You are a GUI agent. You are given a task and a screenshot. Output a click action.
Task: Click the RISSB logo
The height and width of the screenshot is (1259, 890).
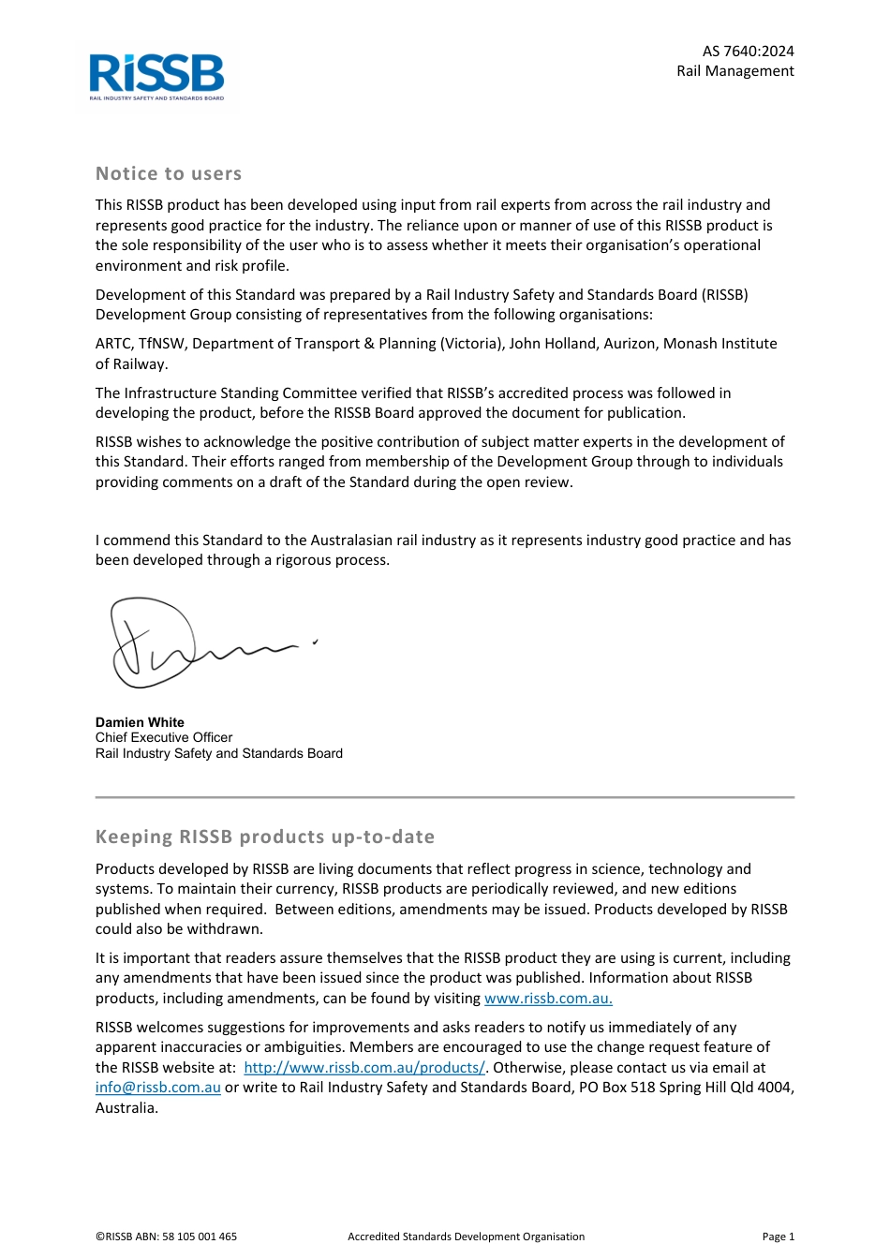pos(156,75)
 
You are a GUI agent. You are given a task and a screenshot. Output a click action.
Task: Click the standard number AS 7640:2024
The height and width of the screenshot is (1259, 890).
pos(748,52)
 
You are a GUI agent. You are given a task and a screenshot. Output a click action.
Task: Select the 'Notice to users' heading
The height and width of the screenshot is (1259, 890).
pos(169,173)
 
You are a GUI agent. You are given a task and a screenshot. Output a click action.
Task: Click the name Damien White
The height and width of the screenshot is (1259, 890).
pos(140,722)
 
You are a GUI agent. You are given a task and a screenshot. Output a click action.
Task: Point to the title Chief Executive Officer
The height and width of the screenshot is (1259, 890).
pos(164,737)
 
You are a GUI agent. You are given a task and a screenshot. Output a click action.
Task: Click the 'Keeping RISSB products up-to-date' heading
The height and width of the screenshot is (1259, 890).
pos(265,837)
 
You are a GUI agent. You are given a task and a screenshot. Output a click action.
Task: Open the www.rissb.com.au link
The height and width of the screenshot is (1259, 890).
pos(548,998)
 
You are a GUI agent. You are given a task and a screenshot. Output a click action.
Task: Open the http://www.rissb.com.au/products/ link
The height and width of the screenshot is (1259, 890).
pos(364,1067)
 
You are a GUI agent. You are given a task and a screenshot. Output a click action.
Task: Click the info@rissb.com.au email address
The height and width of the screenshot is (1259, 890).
pos(158,1088)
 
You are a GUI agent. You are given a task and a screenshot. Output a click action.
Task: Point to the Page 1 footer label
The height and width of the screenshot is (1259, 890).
pos(778,1237)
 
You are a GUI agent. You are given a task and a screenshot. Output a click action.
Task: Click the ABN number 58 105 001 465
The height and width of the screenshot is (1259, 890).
pos(200,1237)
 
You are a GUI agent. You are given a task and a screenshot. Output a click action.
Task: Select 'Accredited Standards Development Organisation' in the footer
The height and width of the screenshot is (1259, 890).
pos(466,1237)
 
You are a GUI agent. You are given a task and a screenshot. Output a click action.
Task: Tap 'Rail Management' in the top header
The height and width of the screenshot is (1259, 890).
pos(735,71)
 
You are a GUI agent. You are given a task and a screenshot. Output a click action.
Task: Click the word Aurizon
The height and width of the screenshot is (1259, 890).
pos(629,344)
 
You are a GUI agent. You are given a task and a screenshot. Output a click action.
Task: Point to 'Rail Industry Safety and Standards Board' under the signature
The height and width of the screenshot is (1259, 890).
pos(219,753)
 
